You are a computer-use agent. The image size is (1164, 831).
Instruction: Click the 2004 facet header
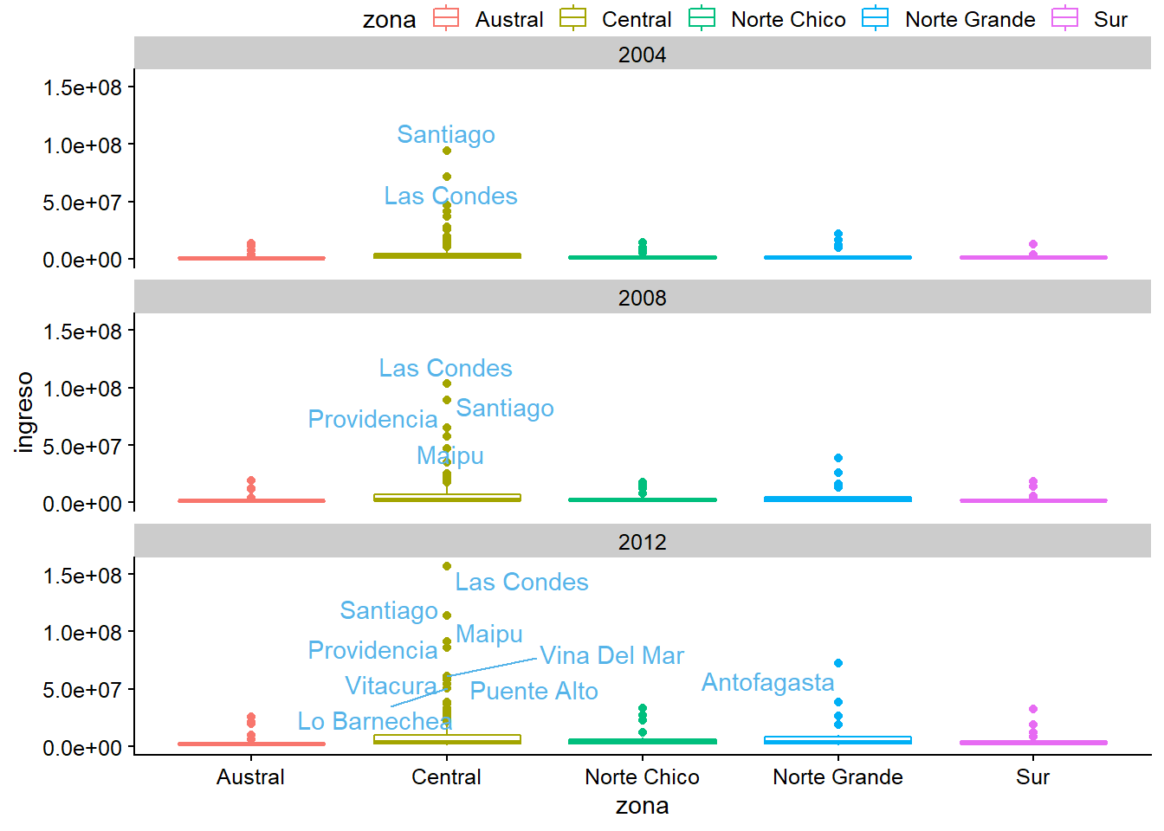click(x=642, y=55)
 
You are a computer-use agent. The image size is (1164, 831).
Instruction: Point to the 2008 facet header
click(x=642, y=298)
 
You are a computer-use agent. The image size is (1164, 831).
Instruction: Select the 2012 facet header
click(x=642, y=542)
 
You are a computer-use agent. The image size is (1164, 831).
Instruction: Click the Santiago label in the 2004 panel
click(x=446, y=134)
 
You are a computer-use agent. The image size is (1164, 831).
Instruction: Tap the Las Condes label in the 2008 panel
click(x=445, y=368)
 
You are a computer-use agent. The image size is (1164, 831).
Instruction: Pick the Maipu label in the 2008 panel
click(x=449, y=455)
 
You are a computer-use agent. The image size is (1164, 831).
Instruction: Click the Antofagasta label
click(x=767, y=682)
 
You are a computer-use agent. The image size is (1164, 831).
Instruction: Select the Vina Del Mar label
click(x=611, y=655)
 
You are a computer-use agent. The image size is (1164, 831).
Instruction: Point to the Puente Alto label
click(x=533, y=691)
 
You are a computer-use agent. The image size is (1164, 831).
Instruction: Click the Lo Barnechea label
click(x=374, y=721)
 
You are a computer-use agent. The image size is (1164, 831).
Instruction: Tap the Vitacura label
click(x=391, y=686)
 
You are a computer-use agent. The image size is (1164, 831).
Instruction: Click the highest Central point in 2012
click(x=447, y=566)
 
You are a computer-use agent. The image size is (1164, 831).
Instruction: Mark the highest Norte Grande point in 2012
click(x=838, y=663)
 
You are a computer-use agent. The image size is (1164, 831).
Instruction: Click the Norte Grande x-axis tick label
click(x=837, y=776)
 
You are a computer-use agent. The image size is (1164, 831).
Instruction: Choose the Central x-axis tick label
click(x=446, y=776)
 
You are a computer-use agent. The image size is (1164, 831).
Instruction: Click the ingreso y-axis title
click(x=24, y=412)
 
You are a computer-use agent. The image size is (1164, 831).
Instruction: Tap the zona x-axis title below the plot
click(x=642, y=806)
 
